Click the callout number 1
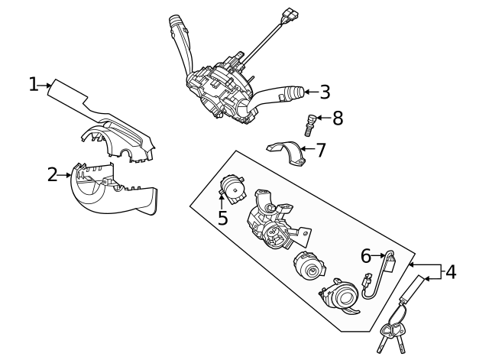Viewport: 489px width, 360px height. pyautogui.click(x=34, y=84)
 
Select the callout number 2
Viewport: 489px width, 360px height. pyautogui.click(x=52, y=175)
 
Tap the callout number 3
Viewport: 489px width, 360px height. pyautogui.click(x=325, y=92)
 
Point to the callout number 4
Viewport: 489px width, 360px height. pyautogui.click(x=451, y=271)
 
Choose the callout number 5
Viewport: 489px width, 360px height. pyautogui.click(x=222, y=218)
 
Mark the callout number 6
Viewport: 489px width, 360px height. pyautogui.click(x=365, y=255)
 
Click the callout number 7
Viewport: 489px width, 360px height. pyautogui.click(x=320, y=150)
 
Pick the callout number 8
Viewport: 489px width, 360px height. pyautogui.click(x=337, y=118)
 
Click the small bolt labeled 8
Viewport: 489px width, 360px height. pyautogui.click(x=311, y=123)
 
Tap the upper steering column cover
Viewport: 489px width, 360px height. pyautogui.click(x=115, y=130)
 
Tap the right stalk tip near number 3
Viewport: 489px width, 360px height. pyautogui.click(x=293, y=92)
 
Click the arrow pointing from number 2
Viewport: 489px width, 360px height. pyautogui.click(x=66, y=175)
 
